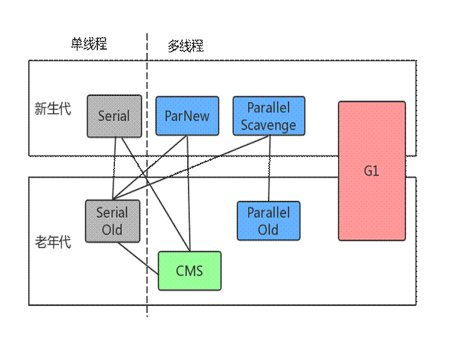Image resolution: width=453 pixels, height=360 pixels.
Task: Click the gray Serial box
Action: click(x=114, y=116)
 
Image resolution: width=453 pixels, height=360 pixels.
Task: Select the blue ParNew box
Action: click(x=187, y=116)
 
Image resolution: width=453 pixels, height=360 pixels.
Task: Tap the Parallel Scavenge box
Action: click(x=268, y=116)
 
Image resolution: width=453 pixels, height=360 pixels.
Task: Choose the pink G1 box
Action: click(x=371, y=171)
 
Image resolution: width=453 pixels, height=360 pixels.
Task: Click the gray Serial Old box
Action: click(x=112, y=221)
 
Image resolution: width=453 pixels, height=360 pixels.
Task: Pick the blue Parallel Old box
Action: click(x=268, y=221)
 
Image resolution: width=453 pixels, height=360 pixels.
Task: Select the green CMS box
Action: click(x=189, y=271)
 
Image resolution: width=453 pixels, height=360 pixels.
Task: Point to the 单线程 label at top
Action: click(x=89, y=44)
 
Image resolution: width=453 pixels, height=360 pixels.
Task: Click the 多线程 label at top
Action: click(x=185, y=46)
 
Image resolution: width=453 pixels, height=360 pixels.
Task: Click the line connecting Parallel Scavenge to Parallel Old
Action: click(x=270, y=168)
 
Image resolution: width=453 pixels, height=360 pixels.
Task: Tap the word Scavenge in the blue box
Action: click(x=268, y=125)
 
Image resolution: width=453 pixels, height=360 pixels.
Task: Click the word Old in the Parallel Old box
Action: click(x=268, y=230)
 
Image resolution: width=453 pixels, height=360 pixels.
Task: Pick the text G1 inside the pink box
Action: click(x=371, y=171)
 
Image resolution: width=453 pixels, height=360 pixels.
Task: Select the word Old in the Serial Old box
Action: click(x=112, y=230)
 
